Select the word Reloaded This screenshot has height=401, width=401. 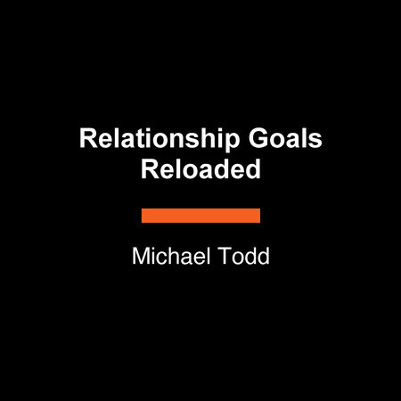[x=200, y=169]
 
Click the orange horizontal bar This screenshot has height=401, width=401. [x=200, y=216]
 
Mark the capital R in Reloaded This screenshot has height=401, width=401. [x=148, y=169]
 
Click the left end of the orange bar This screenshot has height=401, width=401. [x=144, y=216]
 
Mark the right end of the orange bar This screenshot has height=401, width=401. [x=258, y=216]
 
